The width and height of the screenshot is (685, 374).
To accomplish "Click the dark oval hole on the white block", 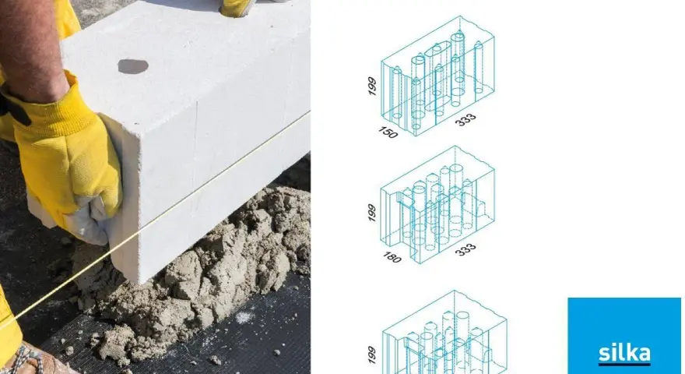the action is tap(133, 66).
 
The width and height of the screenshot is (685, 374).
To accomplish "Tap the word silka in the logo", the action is tap(624, 352).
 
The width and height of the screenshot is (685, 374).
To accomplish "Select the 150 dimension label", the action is tap(388, 132).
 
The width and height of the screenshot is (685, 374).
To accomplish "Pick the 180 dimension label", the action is tap(392, 258).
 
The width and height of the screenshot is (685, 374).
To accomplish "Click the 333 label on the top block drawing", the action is tap(465, 120).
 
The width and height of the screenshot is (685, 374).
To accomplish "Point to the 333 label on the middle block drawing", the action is tap(465, 249).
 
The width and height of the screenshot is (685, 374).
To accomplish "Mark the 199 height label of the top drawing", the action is tap(372, 86).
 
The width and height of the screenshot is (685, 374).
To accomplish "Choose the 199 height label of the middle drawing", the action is tap(372, 213).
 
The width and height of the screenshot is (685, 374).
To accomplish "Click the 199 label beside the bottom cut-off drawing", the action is tap(372, 355).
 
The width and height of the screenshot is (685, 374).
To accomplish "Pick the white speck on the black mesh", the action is tap(244, 316).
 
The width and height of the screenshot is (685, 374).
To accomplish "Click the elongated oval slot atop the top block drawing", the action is tap(437, 48).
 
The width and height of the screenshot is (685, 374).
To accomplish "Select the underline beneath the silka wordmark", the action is tap(624, 364).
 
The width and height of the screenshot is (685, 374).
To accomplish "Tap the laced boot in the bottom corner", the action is tap(30, 361).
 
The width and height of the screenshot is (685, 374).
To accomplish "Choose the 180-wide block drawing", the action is tap(437, 205).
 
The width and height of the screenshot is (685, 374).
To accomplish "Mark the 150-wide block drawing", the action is tap(437, 76).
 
